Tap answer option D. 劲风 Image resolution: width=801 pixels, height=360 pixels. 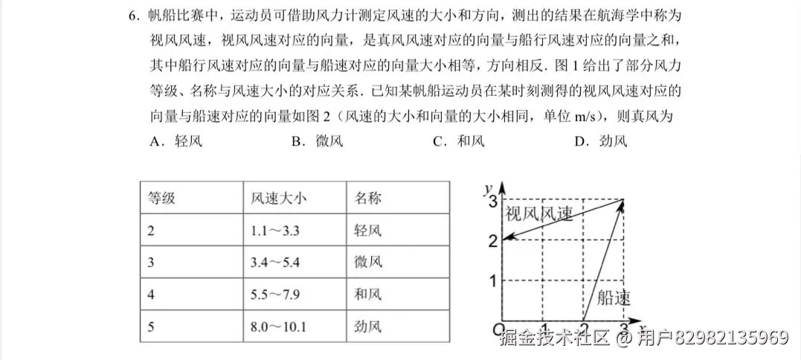click(x=601, y=141)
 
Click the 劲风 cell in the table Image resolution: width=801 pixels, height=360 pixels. click(x=368, y=327)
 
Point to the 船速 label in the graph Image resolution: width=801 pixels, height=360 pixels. click(x=614, y=299)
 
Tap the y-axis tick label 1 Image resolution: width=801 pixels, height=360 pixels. click(x=490, y=280)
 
